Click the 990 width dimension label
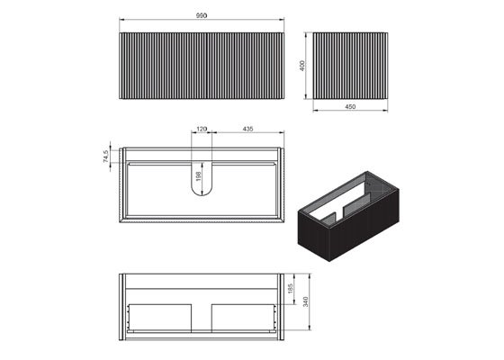coord(202,14)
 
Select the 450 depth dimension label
coord(350,107)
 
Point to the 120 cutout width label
coord(202,130)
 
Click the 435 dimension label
coord(246,130)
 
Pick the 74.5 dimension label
coord(106,156)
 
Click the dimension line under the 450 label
coord(351,112)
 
